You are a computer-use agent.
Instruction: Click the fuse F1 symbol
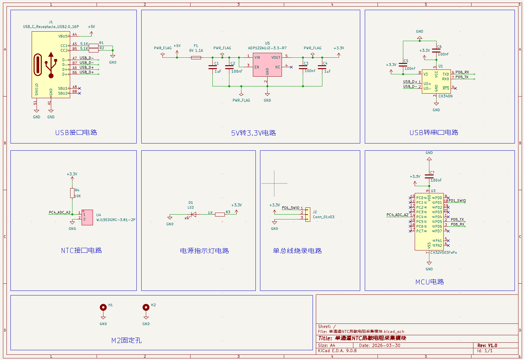click(x=196, y=57)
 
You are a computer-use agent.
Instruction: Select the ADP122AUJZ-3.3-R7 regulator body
click(x=267, y=65)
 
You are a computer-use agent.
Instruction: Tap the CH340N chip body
click(x=436, y=82)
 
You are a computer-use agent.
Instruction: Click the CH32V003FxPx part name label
click(x=443, y=252)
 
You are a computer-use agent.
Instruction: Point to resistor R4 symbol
click(x=72, y=193)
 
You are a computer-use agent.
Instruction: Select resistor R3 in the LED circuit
click(x=220, y=214)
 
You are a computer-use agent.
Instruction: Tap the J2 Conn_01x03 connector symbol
click(x=308, y=214)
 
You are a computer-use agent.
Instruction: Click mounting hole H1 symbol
click(x=103, y=307)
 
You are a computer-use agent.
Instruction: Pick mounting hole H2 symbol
click(x=146, y=307)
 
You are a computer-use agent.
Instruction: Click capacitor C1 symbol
click(x=213, y=67)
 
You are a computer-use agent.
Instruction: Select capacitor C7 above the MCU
click(x=429, y=176)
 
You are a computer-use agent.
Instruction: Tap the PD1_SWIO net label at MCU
click(x=457, y=201)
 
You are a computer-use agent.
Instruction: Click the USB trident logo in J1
click(x=51, y=65)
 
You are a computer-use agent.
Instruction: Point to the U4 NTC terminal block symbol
click(x=87, y=217)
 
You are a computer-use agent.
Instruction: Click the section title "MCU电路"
click(x=429, y=282)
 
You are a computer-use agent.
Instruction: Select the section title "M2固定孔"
click(x=127, y=340)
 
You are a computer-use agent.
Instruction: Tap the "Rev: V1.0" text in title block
click(x=487, y=345)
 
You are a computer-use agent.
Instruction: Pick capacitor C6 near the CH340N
click(x=436, y=51)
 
